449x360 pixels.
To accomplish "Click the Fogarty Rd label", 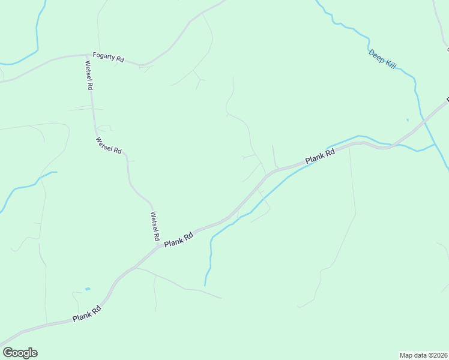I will coord(108,58).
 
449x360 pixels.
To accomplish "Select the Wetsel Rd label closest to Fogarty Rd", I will coord(89,75).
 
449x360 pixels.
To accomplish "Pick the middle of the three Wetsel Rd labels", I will coord(109,145).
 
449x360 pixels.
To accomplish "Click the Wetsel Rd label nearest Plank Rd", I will coord(154,226).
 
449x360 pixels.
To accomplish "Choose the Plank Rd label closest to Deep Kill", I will coord(319,157).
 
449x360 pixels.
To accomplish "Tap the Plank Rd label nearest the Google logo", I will coord(86,313).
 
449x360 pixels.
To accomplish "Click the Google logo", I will coord(20,353).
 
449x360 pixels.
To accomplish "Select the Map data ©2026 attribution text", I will coord(423,355).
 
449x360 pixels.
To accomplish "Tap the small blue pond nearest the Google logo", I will coord(88,289).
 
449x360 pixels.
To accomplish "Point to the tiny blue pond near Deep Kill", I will coord(408,119).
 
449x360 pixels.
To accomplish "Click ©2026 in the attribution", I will coord(436,355).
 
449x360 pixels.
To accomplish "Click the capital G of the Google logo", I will coord(8,353).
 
